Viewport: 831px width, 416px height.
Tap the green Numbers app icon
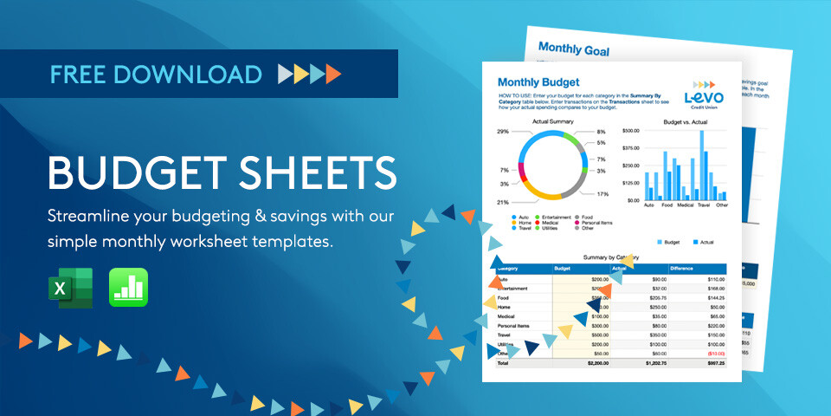128,288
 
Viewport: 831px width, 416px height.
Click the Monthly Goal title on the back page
573,50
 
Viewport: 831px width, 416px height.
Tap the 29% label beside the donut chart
503,132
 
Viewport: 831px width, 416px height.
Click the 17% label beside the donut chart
602,193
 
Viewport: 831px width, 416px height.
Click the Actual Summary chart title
553,122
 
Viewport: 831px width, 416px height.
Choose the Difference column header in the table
685,269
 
